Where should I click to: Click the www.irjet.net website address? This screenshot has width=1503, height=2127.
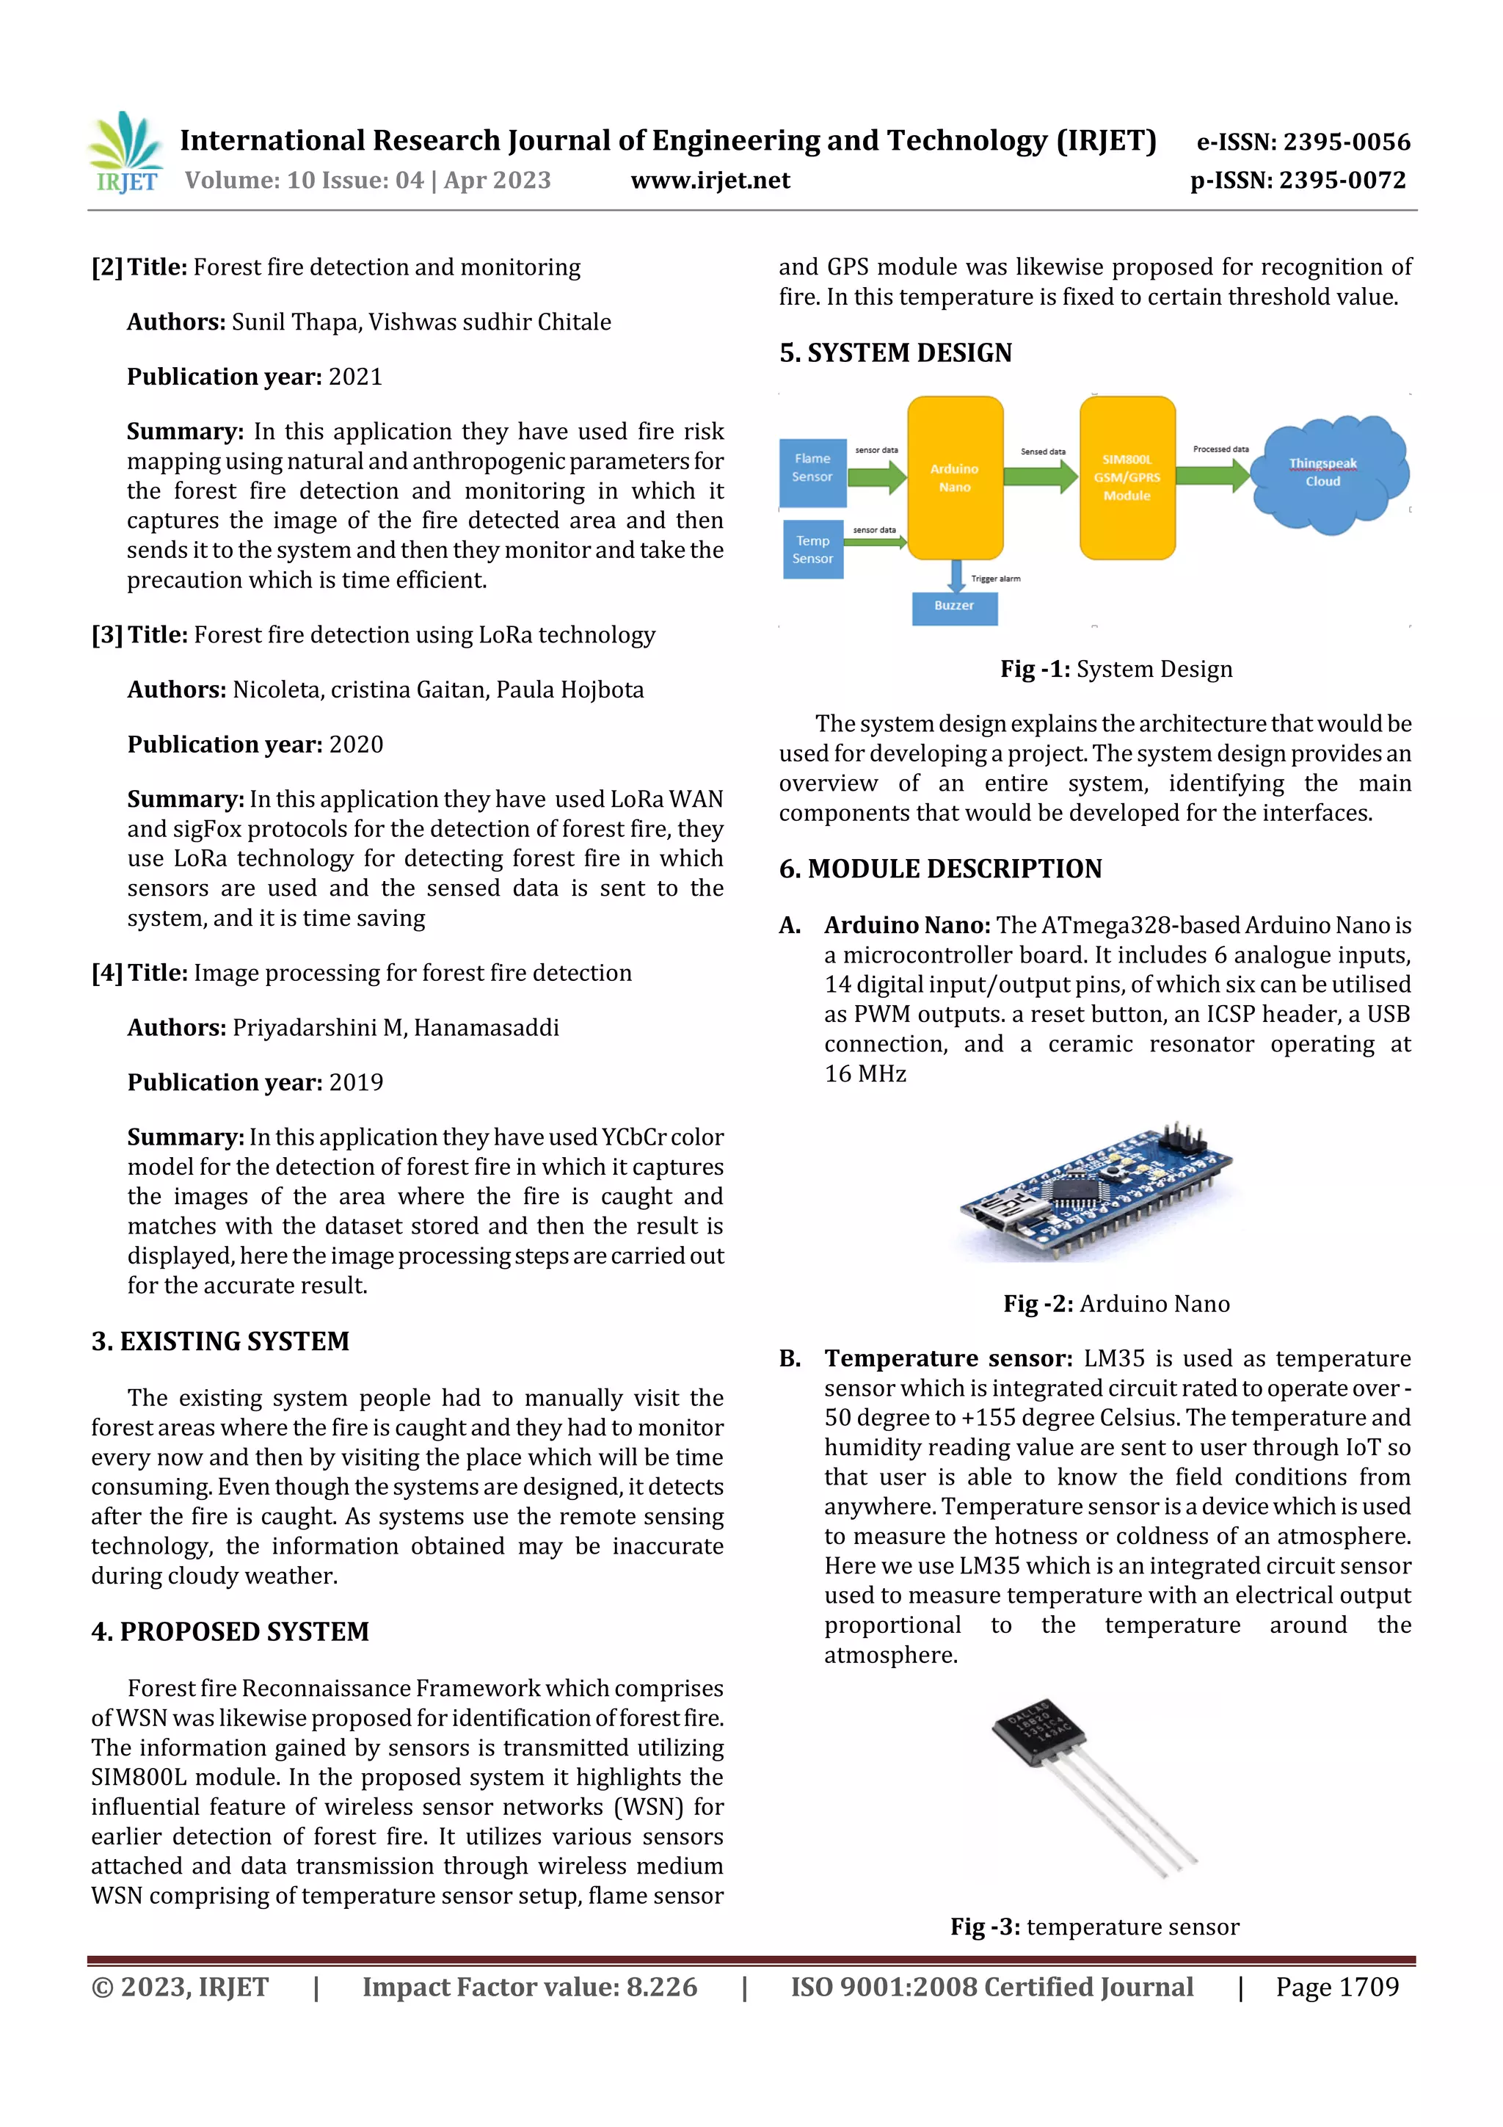click(710, 181)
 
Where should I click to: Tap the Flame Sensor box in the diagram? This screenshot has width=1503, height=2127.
click(812, 472)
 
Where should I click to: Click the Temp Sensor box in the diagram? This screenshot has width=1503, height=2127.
click(812, 549)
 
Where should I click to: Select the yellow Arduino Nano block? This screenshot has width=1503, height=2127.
click(955, 478)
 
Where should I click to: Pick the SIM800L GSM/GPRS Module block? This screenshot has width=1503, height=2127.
click(1127, 478)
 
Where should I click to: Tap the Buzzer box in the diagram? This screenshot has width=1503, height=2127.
click(954, 606)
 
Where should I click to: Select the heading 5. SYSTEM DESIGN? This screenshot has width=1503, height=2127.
click(895, 353)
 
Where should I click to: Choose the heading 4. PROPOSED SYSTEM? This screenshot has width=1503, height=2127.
click(230, 1631)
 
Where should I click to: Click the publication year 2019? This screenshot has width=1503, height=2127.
click(357, 1082)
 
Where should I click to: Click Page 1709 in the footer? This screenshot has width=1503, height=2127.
click(1336, 1987)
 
